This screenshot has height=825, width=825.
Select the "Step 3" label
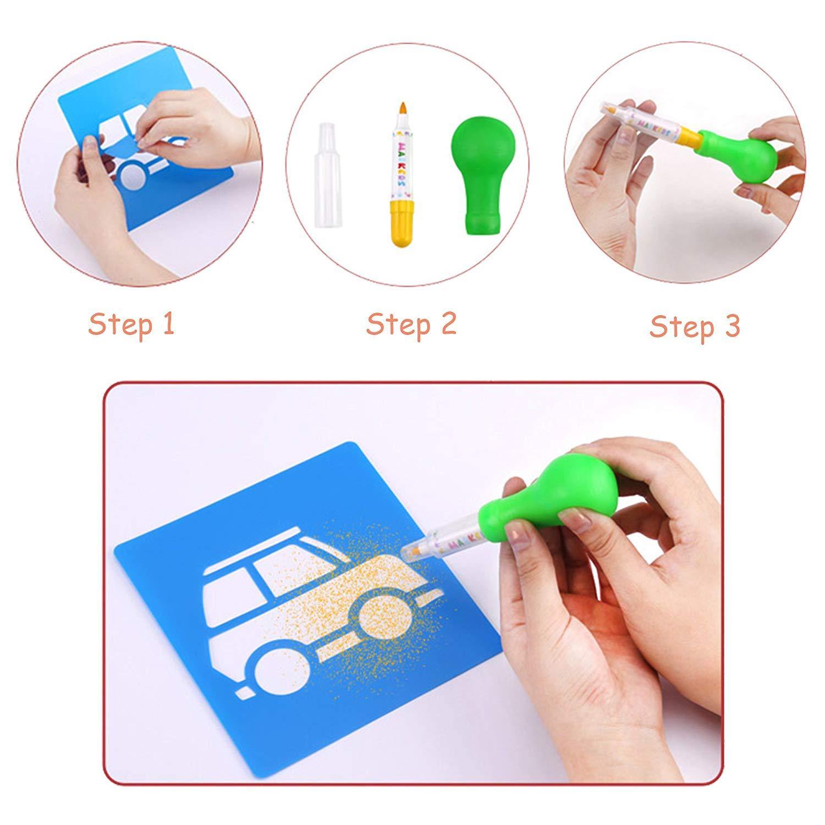[x=695, y=327]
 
